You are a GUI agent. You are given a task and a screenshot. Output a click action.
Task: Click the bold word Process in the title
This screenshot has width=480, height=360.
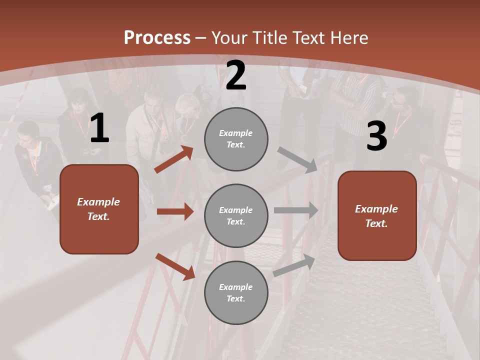point(157,38)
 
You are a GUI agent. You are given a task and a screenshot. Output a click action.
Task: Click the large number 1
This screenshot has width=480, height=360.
point(99,128)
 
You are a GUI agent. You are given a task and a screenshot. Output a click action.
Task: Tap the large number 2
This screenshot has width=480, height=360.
point(236,75)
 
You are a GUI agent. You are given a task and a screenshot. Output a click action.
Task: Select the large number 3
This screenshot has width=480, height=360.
point(376,136)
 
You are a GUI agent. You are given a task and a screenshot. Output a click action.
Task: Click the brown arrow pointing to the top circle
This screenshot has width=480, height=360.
point(173,159)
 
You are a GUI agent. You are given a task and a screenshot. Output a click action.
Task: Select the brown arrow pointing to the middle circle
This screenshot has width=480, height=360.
point(175,211)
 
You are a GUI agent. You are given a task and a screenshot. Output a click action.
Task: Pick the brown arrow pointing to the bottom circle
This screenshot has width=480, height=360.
point(175,266)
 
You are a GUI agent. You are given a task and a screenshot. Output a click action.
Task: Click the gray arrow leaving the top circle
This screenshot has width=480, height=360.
point(297,159)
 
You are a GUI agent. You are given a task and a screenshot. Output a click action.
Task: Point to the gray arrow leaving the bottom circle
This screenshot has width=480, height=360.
point(294,265)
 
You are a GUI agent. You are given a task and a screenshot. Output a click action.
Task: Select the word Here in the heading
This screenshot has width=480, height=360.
point(348,38)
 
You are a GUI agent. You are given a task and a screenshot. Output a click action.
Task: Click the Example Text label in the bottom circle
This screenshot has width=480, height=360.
point(236,292)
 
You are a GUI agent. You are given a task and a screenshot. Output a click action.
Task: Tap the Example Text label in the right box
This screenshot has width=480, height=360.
point(376,216)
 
